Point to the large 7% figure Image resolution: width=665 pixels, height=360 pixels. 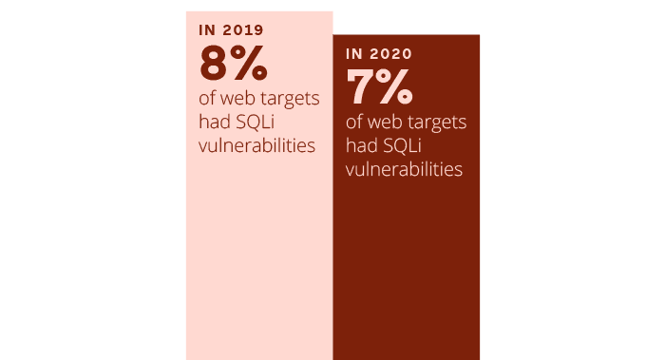pyautogui.click(x=380, y=87)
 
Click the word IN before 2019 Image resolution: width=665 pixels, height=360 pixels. pyautogui.click(x=207, y=29)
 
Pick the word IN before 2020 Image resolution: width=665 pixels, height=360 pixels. pyautogui.click(x=355, y=54)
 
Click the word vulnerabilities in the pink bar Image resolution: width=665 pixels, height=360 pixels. pyautogui.click(x=256, y=146)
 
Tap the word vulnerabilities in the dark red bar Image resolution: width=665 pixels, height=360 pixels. pyautogui.click(x=404, y=170)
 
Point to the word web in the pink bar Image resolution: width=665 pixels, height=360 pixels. pyautogui.click(x=238, y=99)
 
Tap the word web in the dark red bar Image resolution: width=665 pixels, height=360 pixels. pyautogui.click(x=387, y=123)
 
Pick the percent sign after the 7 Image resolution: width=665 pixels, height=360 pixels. pyautogui.click(x=395, y=87)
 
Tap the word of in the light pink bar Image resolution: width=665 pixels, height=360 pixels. pyautogui.click(x=207, y=99)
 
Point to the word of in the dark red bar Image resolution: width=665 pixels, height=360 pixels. pyautogui.click(x=355, y=123)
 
